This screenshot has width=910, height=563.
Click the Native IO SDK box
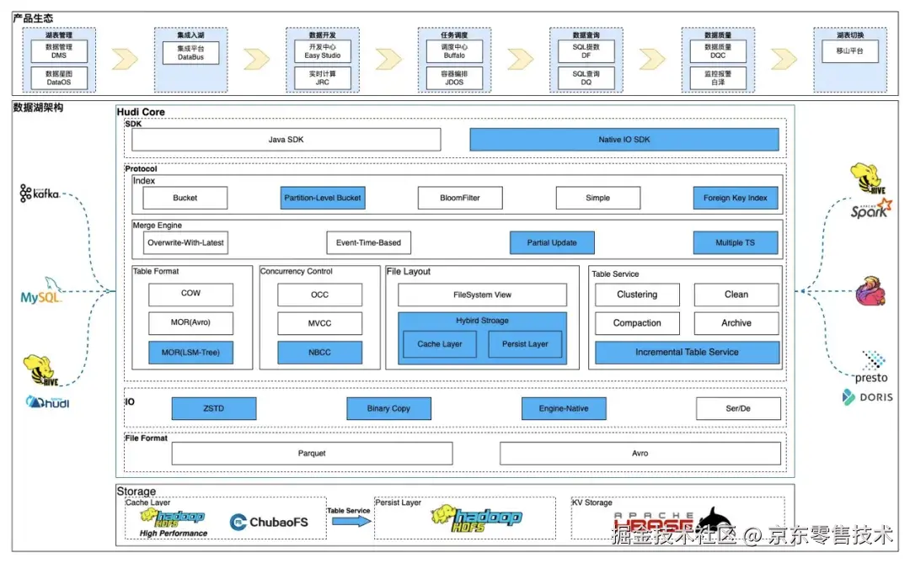[x=624, y=140]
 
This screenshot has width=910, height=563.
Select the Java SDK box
[x=286, y=140]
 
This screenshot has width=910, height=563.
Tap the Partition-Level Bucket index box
[x=323, y=198]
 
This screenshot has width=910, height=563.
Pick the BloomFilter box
[x=460, y=198]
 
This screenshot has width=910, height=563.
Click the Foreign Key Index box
[x=736, y=198]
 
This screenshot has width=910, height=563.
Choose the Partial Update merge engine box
[x=552, y=242]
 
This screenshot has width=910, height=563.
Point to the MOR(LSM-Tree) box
[x=190, y=353]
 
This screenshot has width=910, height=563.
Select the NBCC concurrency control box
[x=320, y=353]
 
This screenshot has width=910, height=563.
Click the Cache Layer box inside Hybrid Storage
[x=440, y=343]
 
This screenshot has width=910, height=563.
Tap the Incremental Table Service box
[x=687, y=353]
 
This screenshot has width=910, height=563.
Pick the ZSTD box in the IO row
[x=214, y=409]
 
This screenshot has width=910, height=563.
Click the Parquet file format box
[x=312, y=454]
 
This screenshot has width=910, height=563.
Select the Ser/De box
[x=737, y=409]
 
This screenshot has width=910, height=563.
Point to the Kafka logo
[x=40, y=194]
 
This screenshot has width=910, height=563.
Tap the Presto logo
[x=871, y=368]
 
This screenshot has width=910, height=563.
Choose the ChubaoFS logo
[x=269, y=522]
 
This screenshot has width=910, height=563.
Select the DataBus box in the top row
[x=190, y=53]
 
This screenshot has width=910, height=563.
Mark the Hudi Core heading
[x=141, y=112]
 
